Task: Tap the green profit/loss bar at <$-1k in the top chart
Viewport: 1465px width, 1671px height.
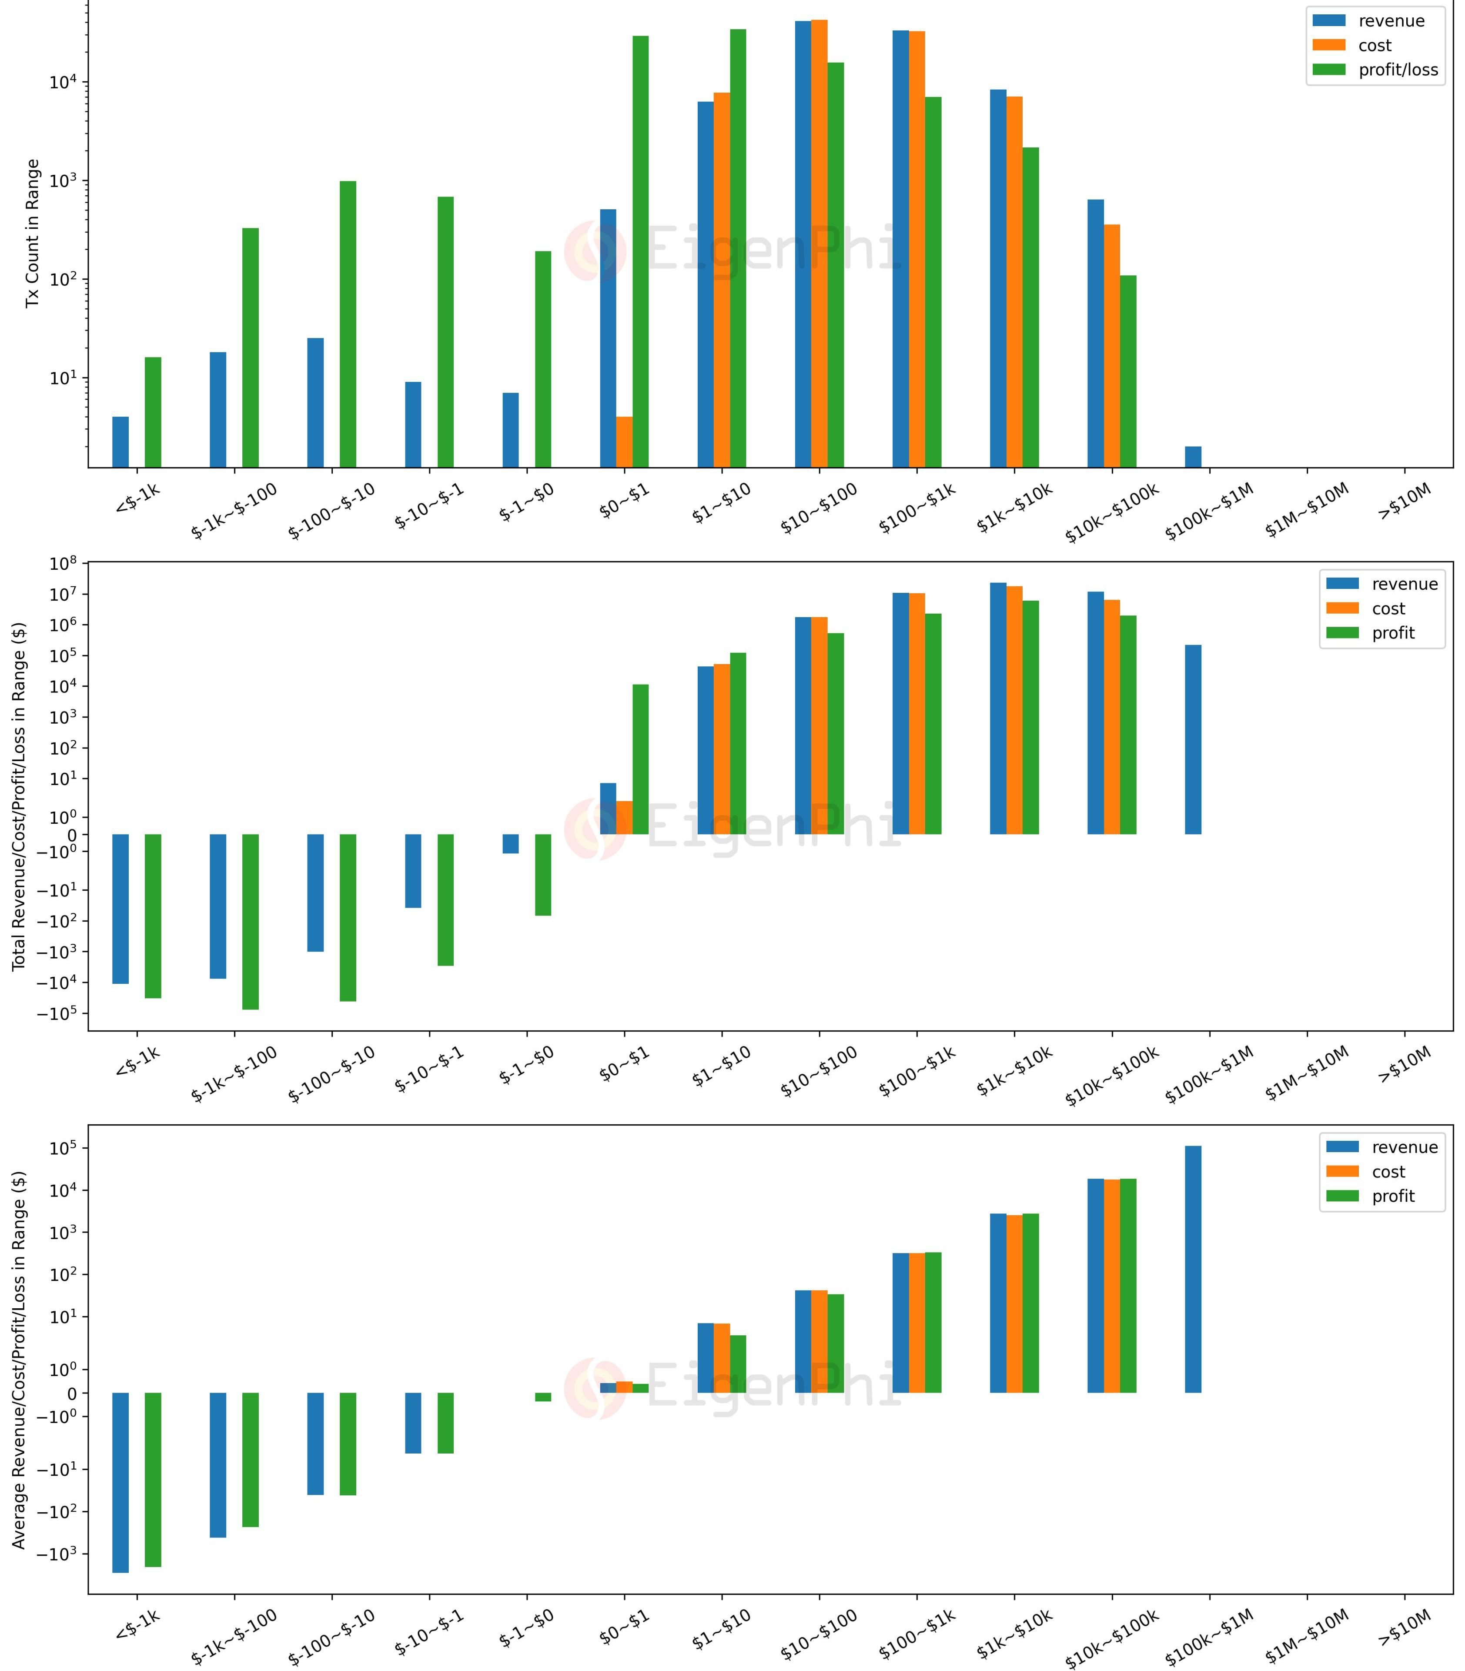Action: pyautogui.click(x=153, y=412)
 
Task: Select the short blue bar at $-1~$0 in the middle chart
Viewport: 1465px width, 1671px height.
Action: pyautogui.click(x=510, y=844)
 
